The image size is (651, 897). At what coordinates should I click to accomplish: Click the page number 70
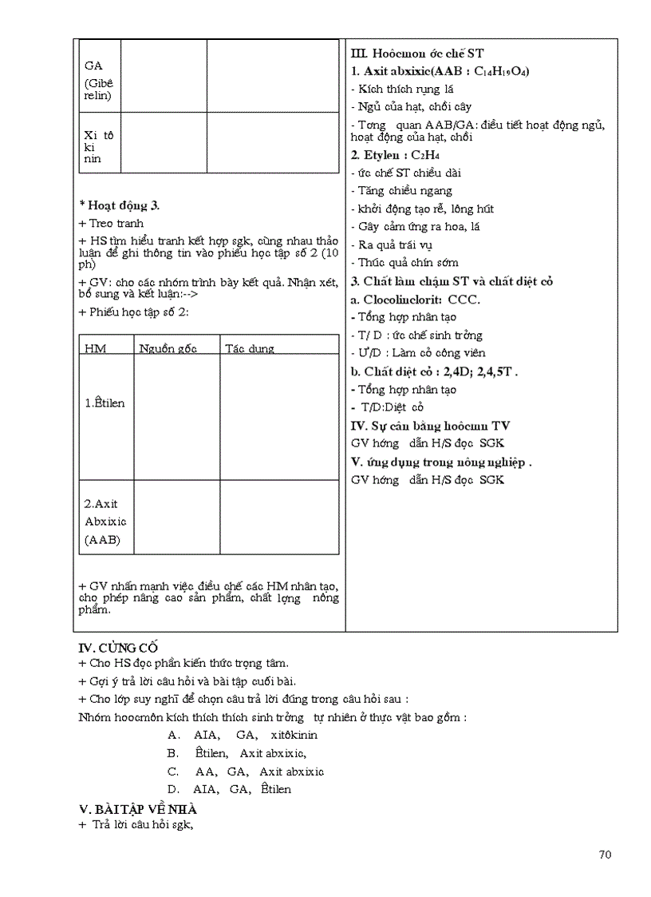[605, 855]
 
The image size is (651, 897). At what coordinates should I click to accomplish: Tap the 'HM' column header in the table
[95, 348]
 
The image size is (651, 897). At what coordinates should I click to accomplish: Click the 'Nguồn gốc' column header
[168, 348]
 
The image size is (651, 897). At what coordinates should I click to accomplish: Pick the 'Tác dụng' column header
[249, 348]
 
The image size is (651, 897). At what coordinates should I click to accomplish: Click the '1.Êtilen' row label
[105, 403]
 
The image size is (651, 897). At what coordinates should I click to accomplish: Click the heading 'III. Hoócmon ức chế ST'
[417, 54]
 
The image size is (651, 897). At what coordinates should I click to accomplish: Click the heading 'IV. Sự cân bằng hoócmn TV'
[430, 426]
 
